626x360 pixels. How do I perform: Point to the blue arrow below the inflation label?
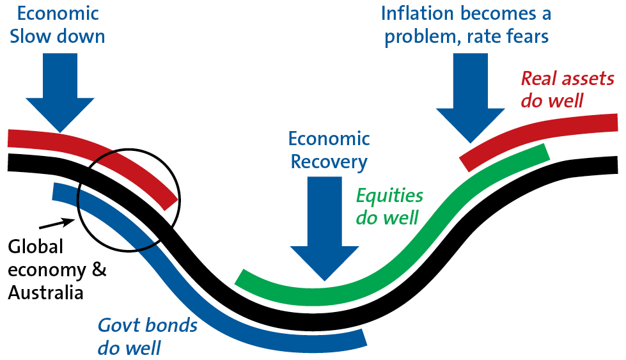[471, 96]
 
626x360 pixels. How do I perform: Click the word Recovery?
[329, 162]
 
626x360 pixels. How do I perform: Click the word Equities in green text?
[389, 196]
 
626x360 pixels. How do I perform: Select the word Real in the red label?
[536, 79]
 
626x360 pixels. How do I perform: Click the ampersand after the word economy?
[99, 270]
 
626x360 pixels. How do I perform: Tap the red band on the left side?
[96, 153]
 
